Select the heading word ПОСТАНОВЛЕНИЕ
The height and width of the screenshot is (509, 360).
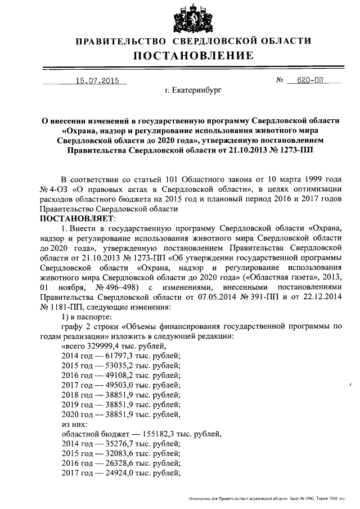point(193,55)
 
